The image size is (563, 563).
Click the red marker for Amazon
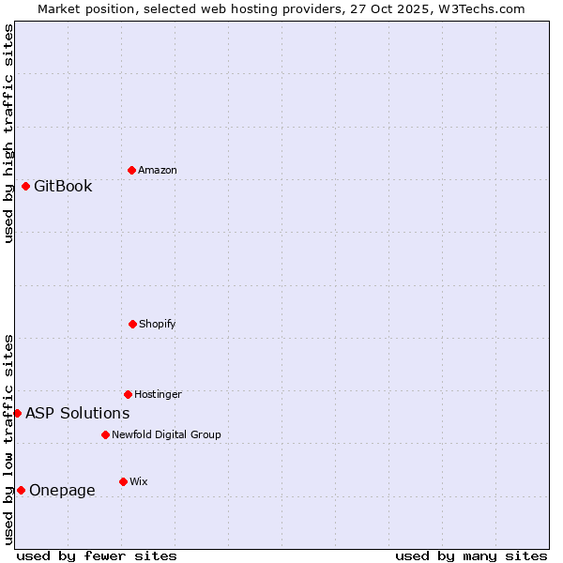coord(131,170)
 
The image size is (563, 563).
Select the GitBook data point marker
coord(25,186)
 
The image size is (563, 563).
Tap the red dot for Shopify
coord(132,324)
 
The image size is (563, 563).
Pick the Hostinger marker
coord(128,394)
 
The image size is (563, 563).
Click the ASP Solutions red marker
coord(17,413)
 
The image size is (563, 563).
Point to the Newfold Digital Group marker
coord(105,434)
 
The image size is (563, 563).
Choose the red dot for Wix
coord(123,481)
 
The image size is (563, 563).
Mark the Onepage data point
coord(21,490)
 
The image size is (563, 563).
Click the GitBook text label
coord(63,186)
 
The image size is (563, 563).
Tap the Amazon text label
coord(158,170)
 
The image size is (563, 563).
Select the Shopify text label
coord(158,324)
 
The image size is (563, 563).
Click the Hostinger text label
coord(158,394)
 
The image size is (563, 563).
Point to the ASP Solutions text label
coord(77,413)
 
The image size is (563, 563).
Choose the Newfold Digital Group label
coord(166,434)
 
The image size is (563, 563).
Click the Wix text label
coord(139,481)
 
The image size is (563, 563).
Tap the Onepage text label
coord(62,490)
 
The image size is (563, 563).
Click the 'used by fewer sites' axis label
coord(97,555)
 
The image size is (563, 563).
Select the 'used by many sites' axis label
coord(471,555)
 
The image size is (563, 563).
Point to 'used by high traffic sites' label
coord(8,133)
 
